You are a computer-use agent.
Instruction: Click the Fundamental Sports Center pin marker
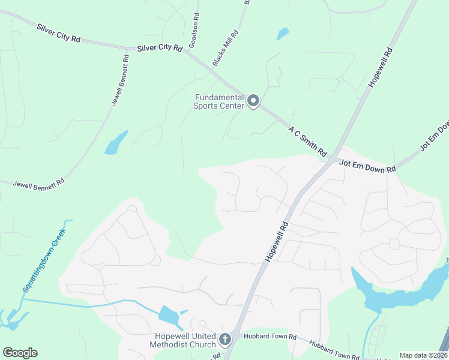click(x=253, y=101)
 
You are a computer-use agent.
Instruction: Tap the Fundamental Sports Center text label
click(x=218, y=101)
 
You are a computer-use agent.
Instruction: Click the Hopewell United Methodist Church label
click(x=185, y=340)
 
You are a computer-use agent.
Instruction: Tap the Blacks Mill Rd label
click(x=226, y=48)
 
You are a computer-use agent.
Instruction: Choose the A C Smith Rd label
click(x=307, y=139)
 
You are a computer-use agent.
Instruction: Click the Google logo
click(x=20, y=353)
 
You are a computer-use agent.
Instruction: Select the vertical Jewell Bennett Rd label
click(x=121, y=80)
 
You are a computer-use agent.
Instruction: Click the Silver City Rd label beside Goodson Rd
click(x=159, y=48)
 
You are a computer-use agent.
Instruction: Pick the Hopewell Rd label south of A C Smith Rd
click(x=277, y=241)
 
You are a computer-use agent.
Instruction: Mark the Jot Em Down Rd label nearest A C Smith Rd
click(x=367, y=166)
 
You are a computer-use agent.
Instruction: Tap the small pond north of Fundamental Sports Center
click(x=283, y=34)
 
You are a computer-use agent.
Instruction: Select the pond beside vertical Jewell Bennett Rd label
click(x=116, y=143)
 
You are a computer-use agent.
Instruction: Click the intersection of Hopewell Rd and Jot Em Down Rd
click(x=332, y=158)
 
